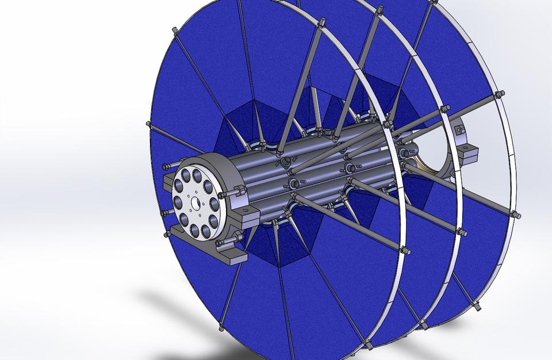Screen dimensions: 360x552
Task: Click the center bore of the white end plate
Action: pos(194,202)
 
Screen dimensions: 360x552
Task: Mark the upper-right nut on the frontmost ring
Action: pos(389,123)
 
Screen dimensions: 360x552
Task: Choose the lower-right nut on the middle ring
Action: pos(460,232)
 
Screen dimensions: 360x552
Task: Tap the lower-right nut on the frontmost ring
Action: pos(405,250)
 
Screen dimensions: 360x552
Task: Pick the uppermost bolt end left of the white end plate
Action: pos(167,166)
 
